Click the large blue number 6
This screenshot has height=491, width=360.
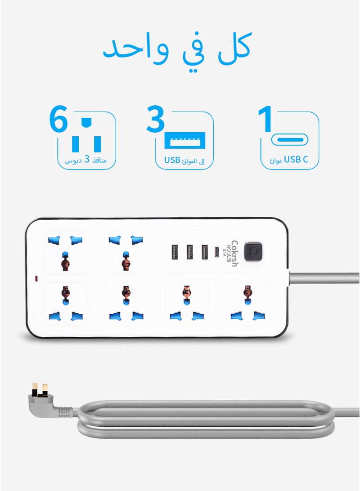point(58,120)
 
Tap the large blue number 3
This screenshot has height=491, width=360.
point(155,120)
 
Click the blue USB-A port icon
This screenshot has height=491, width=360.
point(185,141)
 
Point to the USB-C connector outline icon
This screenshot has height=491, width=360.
point(290,139)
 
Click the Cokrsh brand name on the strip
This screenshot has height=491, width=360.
point(234,253)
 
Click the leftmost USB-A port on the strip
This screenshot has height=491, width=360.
point(175,251)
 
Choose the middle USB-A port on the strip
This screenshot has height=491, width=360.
point(190,251)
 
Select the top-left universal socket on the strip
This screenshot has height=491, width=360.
point(65,252)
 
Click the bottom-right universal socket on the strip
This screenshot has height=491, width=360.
point(247,304)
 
